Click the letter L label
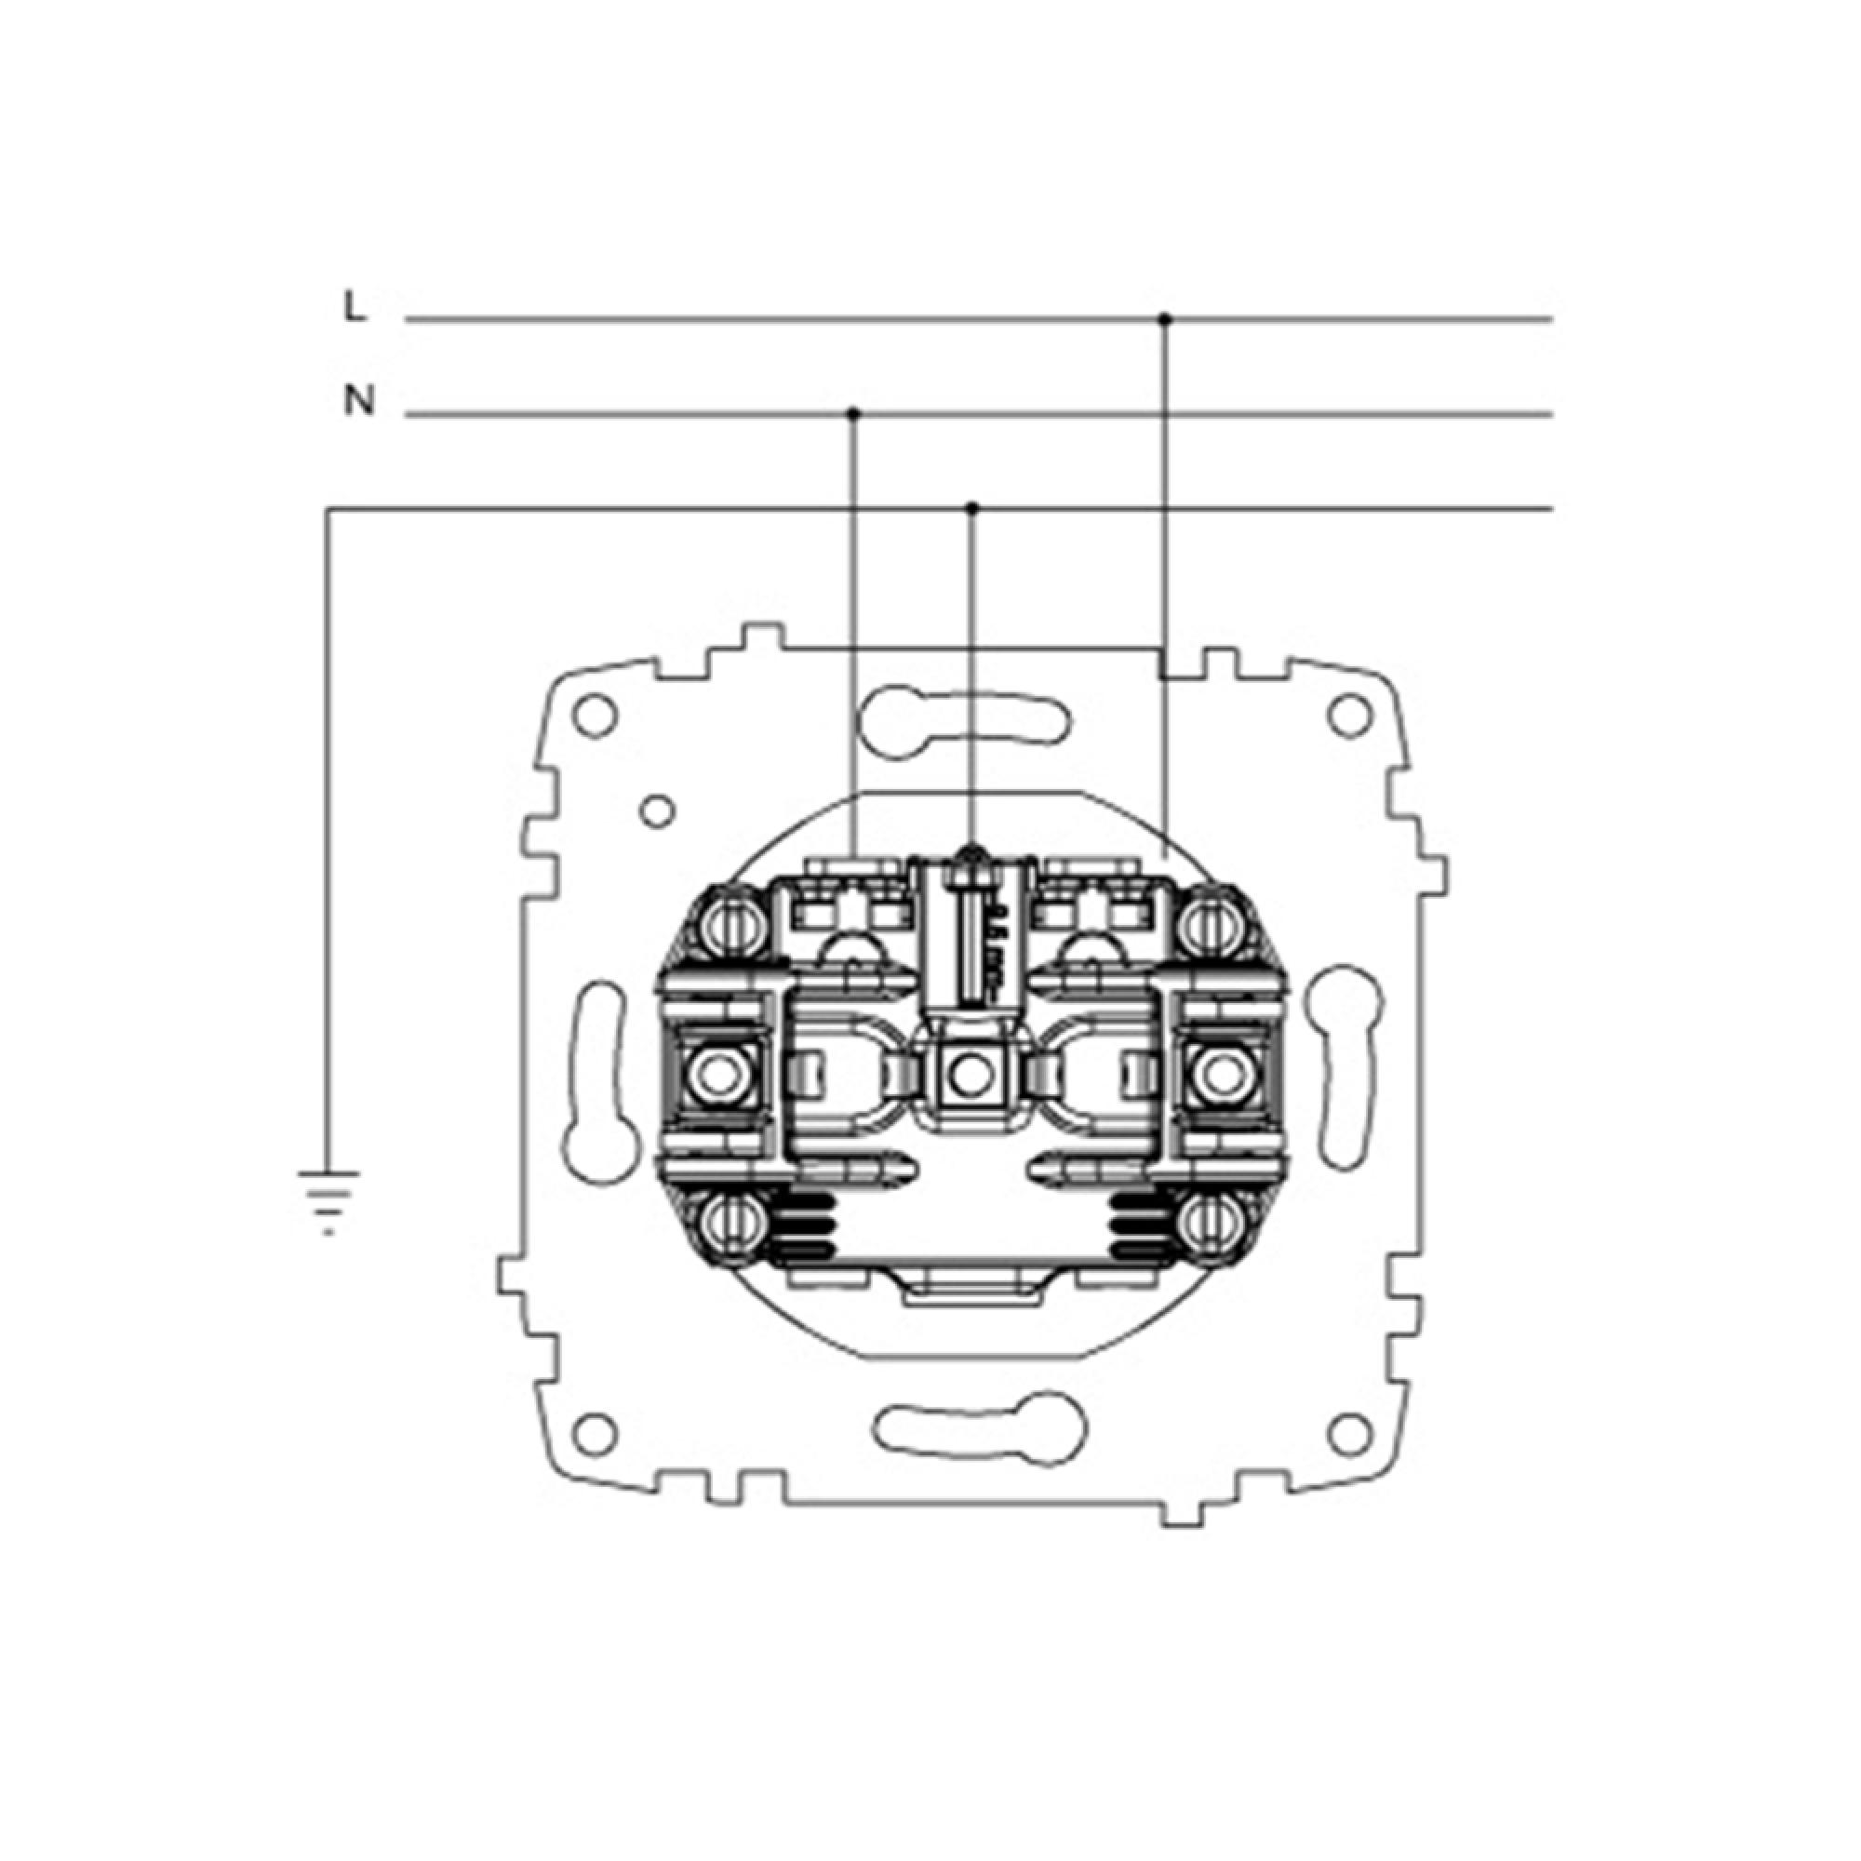(355, 307)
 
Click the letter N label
(358, 401)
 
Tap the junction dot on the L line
(1165, 318)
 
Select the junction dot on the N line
(852, 414)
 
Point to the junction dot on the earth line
(973, 508)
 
